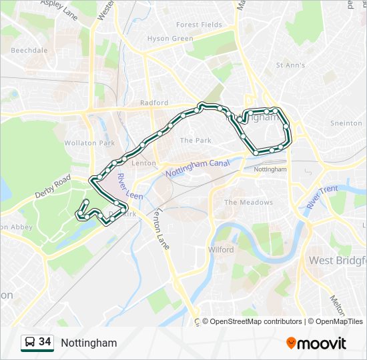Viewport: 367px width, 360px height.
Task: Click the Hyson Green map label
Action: tap(169, 39)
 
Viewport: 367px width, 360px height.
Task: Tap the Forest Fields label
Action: tap(199, 25)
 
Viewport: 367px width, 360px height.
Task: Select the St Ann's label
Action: tap(290, 65)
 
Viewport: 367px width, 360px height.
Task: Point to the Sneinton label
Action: tap(346, 123)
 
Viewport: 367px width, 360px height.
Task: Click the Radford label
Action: tap(154, 103)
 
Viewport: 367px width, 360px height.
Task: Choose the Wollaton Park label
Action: tap(89, 143)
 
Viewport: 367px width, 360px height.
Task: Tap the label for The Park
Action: tap(196, 141)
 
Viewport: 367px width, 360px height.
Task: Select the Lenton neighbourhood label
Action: tap(144, 163)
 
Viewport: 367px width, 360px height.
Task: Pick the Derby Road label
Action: tap(53, 188)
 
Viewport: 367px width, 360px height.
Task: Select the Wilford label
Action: tap(221, 250)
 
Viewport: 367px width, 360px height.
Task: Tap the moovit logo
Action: tap(316, 343)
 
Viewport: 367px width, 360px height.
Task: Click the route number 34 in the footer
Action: tap(45, 342)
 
